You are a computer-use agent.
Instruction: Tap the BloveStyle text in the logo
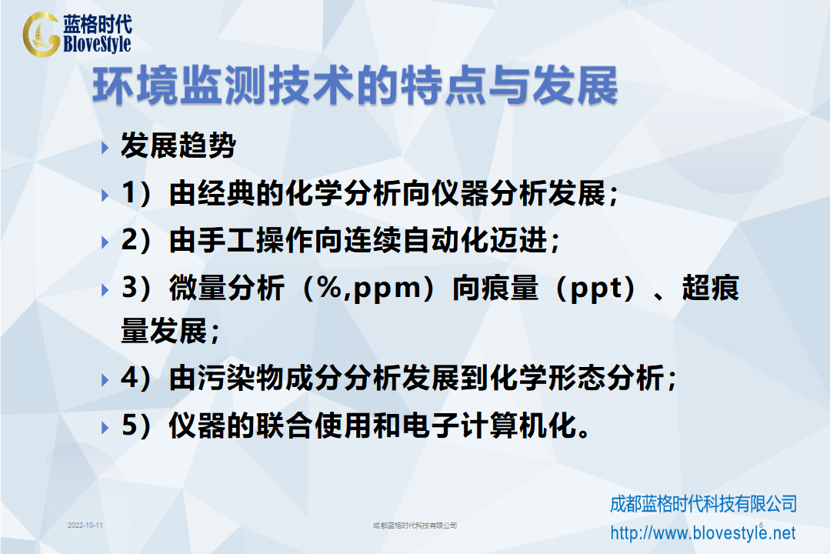[x=97, y=44]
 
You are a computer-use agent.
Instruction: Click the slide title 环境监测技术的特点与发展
[x=355, y=86]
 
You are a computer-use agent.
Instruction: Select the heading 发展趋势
[x=178, y=145]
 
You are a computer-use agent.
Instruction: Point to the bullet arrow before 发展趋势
[x=105, y=148]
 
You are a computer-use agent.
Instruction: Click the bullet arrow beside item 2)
[x=105, y=242]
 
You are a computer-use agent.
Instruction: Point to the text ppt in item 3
[x=597, y=289]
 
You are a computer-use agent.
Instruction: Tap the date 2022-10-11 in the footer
[x=85, y=526]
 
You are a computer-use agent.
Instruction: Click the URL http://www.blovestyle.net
[x=703, y=532]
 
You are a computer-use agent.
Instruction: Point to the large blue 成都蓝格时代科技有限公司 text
[x=704, y=504]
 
